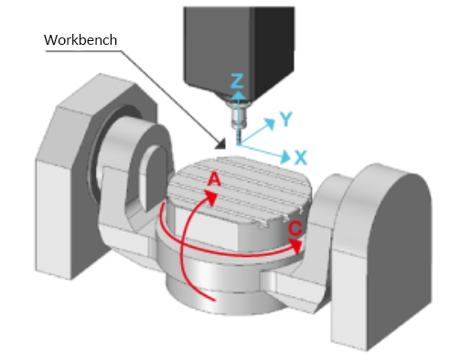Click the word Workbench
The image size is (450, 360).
click(80, 40)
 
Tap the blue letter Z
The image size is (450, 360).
click(237, 81)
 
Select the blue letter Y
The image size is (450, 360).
click(286, 119)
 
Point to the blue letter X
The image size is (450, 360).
click(301, 157)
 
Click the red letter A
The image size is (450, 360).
click(214, 179)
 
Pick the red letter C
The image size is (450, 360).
click(295, 228)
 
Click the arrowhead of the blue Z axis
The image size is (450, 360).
click(238, 95)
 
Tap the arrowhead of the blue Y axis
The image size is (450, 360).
click(269, 122)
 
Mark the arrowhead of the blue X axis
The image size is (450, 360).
click(285, 156)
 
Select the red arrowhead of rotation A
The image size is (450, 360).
click(211, 198)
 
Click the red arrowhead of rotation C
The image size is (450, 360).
click(295, 246)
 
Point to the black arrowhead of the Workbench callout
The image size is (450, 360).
click(221, 144)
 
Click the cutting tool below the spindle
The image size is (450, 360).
click(238, 123)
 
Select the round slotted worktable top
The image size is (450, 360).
click(239, 190)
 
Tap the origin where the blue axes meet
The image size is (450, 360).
click(238, 144)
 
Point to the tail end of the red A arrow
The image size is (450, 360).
click(214, 301)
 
